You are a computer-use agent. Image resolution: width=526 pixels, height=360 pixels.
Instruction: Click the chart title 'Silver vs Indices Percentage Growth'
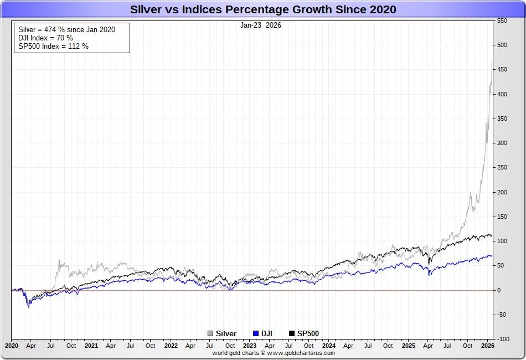[x=263, y=9]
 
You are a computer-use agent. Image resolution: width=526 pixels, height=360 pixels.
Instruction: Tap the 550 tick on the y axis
[x=502, y=20]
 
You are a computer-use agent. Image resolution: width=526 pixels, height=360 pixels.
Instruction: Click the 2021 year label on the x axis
[x=91, y=346]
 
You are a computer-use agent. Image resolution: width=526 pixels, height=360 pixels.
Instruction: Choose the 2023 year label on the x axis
[x=250, y=346]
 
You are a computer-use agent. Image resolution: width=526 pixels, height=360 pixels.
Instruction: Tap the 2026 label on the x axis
[x=488, y=346]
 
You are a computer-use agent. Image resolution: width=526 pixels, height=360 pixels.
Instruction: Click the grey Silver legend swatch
[x=210, y=333]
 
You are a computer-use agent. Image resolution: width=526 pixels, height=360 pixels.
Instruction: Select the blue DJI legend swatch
[x=255, y=333]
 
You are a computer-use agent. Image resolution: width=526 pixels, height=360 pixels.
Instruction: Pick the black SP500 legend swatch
[x=292, y=333]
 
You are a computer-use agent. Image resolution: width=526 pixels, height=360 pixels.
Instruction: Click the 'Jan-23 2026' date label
[x=261, y=25]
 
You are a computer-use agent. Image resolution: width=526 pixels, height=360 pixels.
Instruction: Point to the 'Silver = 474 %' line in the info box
[x=67, y=29]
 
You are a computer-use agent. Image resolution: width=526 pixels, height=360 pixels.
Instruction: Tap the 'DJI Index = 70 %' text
[x=45, y=38]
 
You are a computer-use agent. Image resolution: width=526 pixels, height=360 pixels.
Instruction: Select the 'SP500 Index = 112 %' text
[x=53, y=46]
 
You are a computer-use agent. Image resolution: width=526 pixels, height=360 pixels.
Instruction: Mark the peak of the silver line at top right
[x=492, y=58]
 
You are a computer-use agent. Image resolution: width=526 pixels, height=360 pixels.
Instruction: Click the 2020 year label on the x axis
[x=12, y=346]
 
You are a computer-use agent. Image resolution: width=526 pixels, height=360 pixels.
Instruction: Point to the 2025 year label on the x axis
[x=409, y=346]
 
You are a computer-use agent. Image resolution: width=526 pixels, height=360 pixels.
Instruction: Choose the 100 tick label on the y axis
[x=502, y=241]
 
